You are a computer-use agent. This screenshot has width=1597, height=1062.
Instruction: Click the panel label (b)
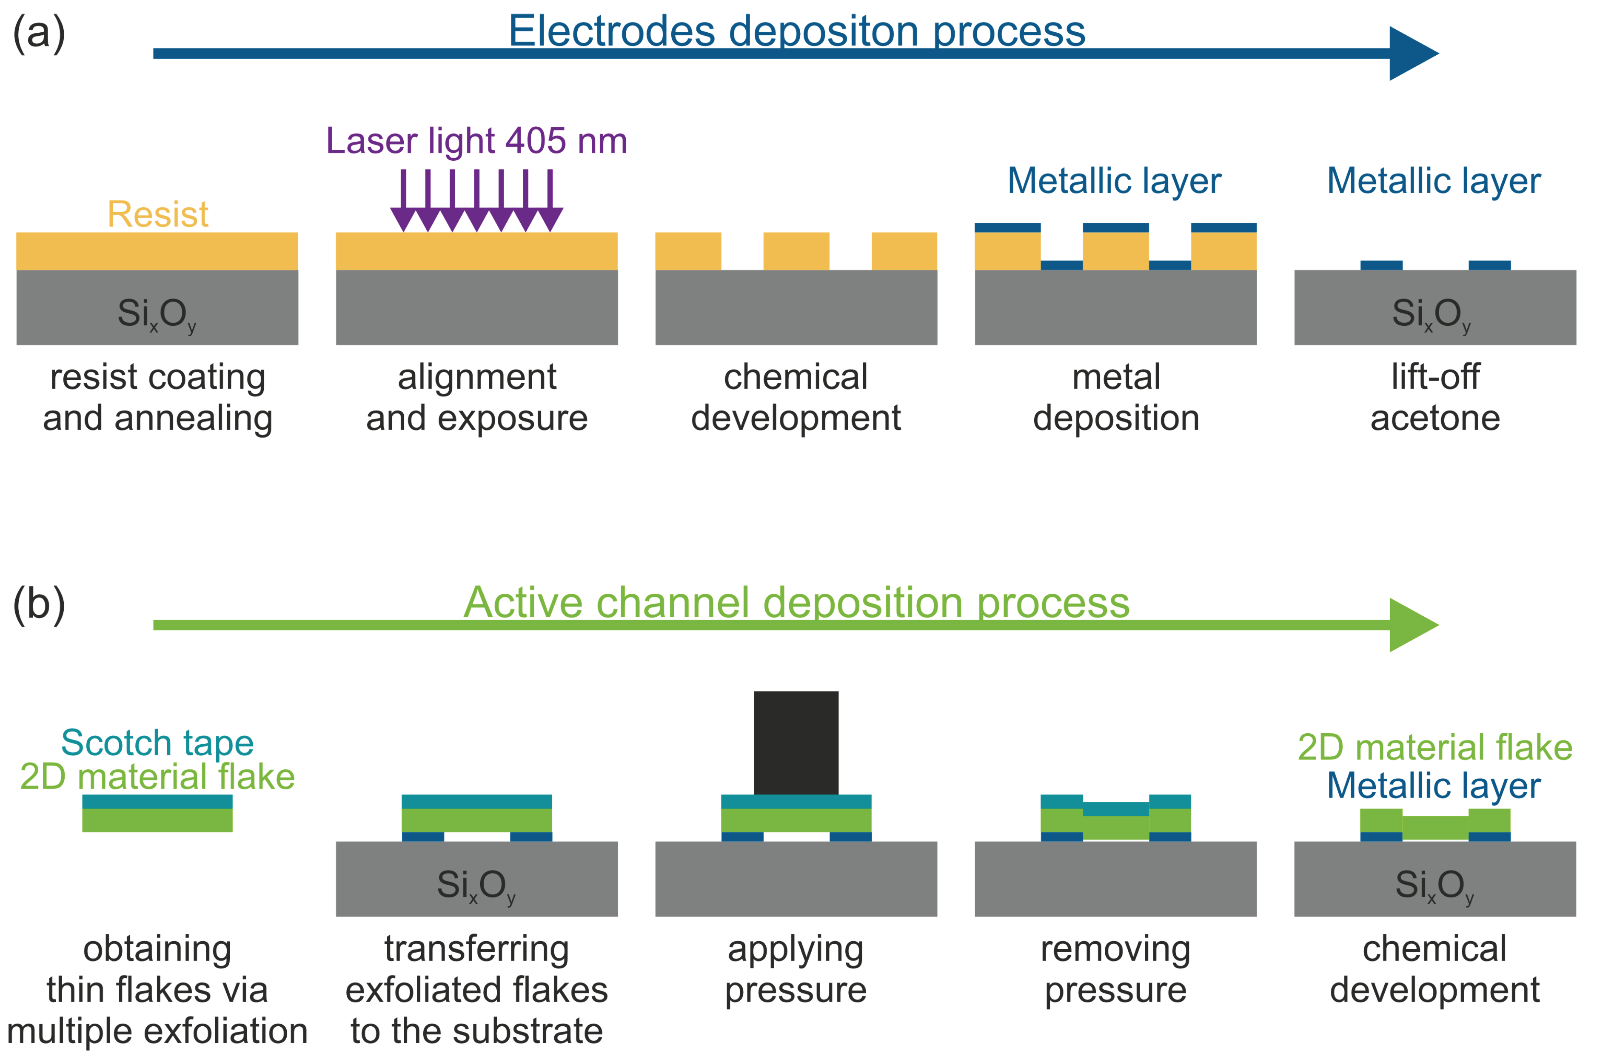click(x=39, y=604)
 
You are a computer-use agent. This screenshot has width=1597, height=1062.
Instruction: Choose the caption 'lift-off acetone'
click(x=1435, y=398)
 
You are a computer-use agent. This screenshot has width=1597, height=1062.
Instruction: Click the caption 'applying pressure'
click(x=796, y=969)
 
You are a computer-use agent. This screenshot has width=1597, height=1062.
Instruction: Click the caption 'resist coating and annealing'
click(x=157, y=398)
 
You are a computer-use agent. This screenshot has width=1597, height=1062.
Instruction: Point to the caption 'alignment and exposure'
click(x=477, y=398)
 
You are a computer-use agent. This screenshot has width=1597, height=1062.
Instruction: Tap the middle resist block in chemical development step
click(x=796, y=251)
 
